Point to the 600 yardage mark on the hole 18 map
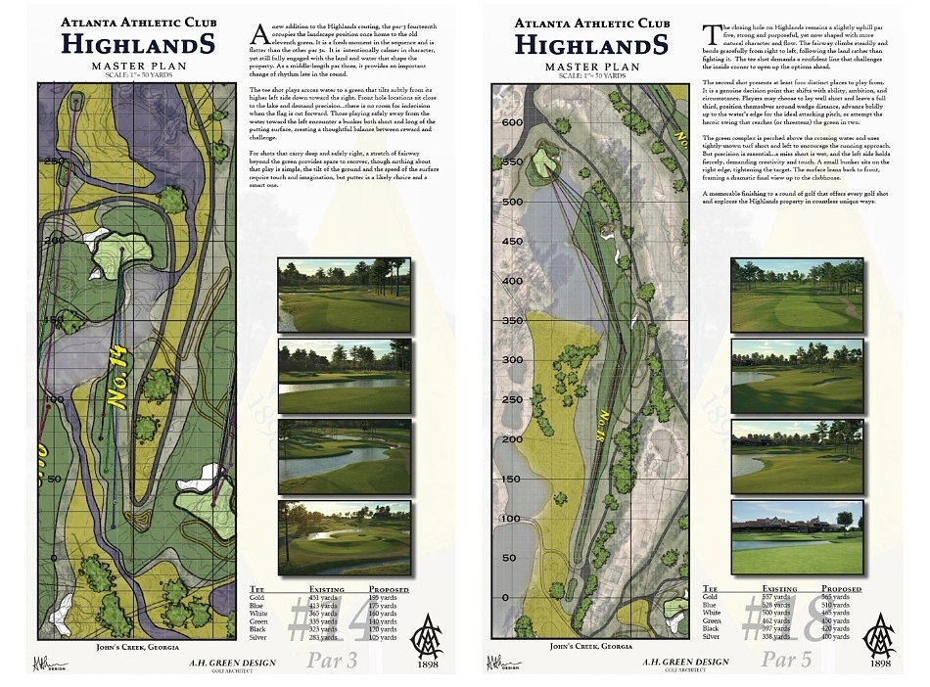coord(510,124)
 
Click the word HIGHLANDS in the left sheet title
coord(133,44)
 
